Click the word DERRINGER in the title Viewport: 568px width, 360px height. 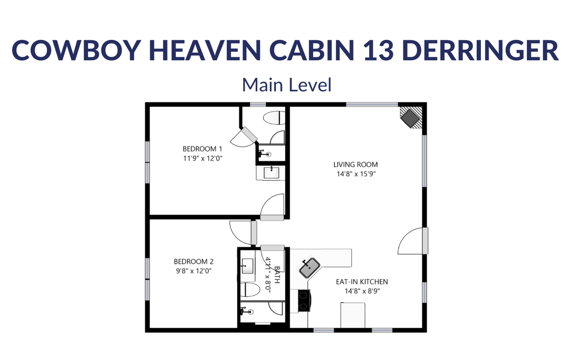[x=480, y=50]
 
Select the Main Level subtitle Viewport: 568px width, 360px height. [x=287, y=85]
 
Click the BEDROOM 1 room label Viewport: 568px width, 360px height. [x=203, y=149]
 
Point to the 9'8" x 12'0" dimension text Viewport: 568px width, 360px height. [x=194, y=271]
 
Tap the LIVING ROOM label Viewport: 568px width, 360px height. [x=355, y=165]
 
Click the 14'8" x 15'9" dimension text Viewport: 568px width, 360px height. [x=356, y=174]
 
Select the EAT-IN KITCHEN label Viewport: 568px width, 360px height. [x=362, y=282]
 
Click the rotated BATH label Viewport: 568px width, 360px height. [x=277, y=275]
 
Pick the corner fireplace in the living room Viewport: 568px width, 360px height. [x=411, y=117]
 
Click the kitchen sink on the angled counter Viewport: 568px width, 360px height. [x=310, y=268]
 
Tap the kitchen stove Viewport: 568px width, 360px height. [x=304, y=301]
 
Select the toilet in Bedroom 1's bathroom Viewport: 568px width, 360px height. [x=274, y=118]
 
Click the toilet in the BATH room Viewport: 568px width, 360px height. [x=250, y=290]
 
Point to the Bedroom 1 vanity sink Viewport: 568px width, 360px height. [x=271, y=173]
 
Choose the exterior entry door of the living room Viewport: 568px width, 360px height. [x=413, y=241]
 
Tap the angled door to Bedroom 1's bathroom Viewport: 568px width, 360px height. [x=244, y=137]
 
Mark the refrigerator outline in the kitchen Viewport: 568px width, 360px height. [x=353, y=315]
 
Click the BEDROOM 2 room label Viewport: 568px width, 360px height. [x=194, y=261]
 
